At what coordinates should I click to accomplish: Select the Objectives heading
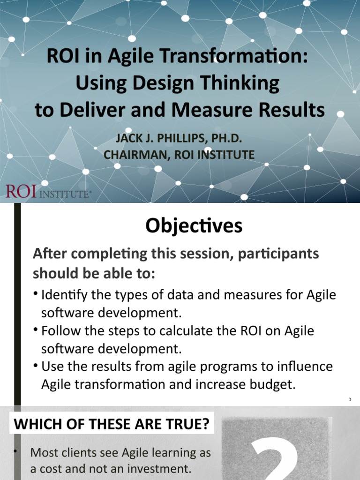coord(194,226)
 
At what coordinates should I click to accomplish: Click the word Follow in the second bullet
coord(58,330)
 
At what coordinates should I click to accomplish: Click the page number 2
coord(350,400)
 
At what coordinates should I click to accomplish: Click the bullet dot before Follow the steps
coord(36,329)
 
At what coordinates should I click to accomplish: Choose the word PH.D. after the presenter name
coord(230,139)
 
